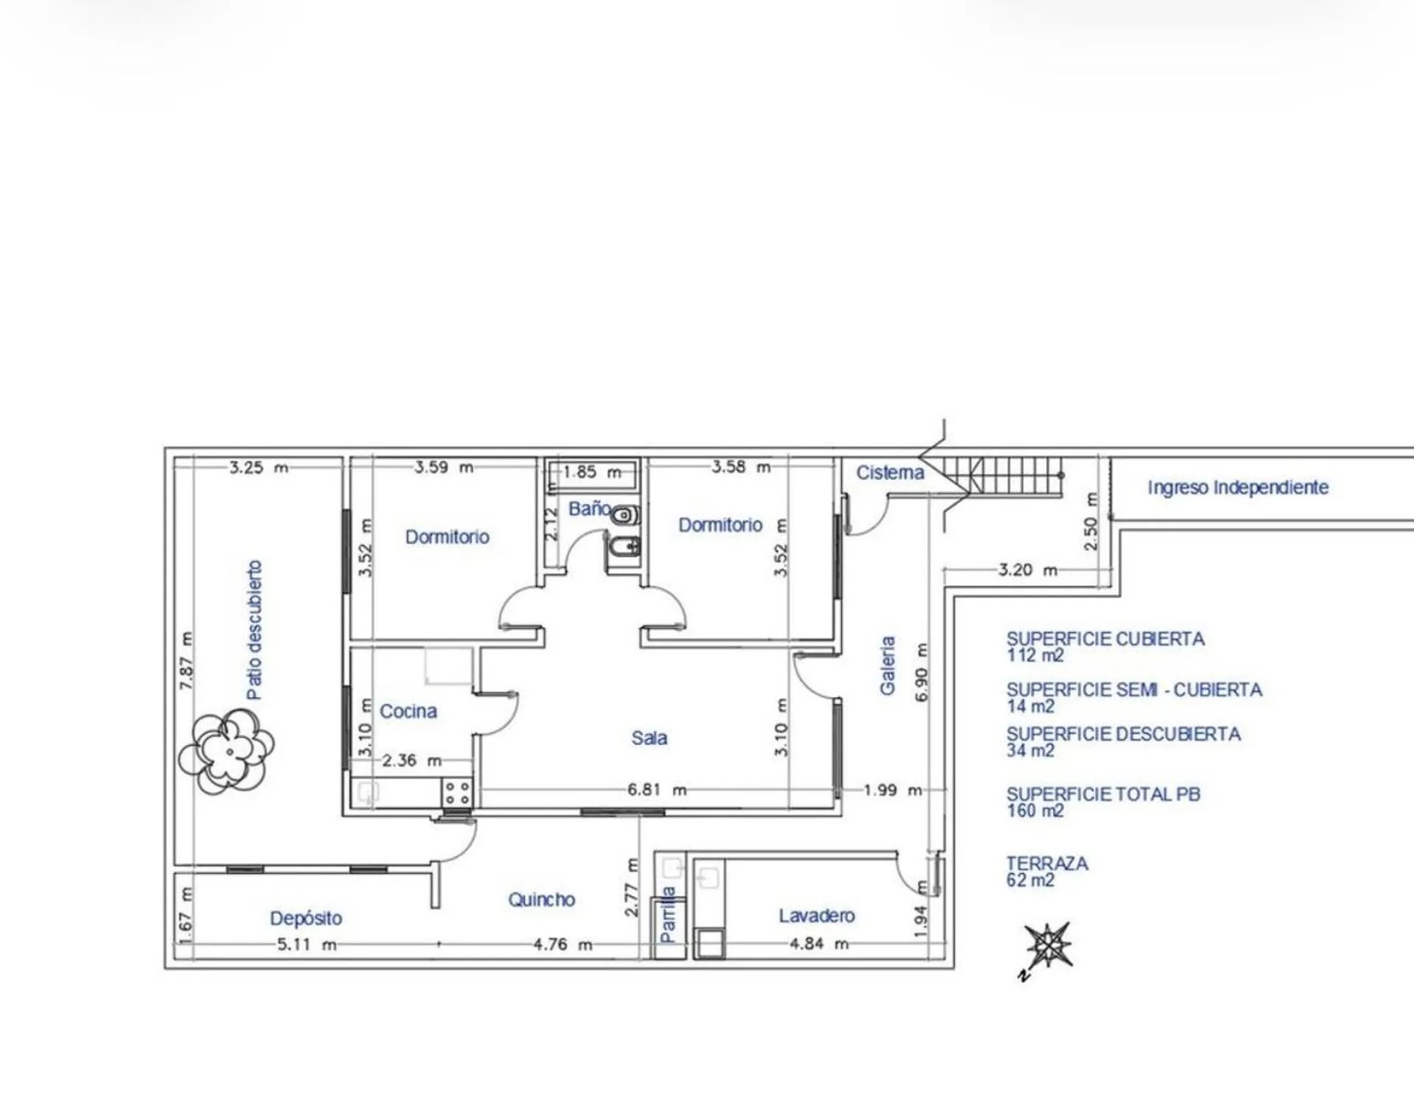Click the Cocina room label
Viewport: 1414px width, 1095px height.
point(408,711)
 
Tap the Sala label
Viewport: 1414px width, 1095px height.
point(649,738)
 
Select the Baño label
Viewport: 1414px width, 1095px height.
point(589,508)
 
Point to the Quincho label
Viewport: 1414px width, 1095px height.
point(541,899)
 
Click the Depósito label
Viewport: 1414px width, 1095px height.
point(306,918)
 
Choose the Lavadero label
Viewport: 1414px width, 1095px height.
point(817,915)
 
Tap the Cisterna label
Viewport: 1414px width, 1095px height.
point(890,472)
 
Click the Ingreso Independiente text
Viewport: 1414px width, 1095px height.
point(1238,487)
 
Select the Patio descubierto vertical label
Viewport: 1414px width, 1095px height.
point(254,630)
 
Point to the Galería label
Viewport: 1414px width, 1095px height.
point(887,665)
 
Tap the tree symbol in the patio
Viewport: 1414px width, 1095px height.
point(226,751)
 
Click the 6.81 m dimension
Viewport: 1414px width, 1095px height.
point(657,789)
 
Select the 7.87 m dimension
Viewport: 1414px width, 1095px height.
point(187,661)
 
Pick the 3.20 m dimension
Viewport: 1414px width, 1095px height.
point(1028,569)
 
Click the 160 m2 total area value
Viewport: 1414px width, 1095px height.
point(1035,811)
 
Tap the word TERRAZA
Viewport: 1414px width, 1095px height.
point(1047,863)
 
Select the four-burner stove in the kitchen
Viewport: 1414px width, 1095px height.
point(457,793)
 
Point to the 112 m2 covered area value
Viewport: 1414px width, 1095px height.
point(1035,655)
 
